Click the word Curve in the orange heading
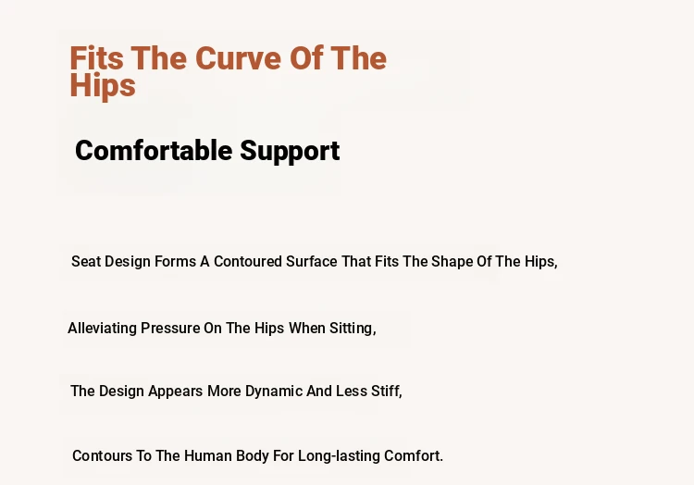point(238,58)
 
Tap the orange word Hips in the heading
point(103,85)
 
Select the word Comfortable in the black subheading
point(154,151)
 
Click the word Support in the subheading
point(290,152)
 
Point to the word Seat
point(86,262)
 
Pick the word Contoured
point(248,262)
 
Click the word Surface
point(312,262)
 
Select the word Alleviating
point(102,329)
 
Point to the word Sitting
point(353,329)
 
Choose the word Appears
point(175,392)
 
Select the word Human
point(208,455)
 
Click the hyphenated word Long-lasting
point(339,456)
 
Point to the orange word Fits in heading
point(97,58)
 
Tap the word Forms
point(175,262)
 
